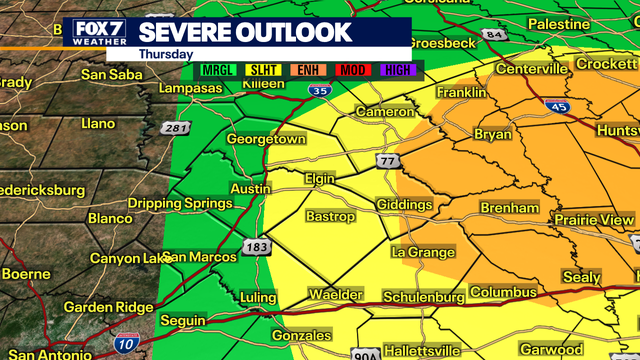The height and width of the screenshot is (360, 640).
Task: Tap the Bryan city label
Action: [491, 133]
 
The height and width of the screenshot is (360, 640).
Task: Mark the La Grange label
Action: [423, 252]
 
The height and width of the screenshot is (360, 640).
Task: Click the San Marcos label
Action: [200, 257]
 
